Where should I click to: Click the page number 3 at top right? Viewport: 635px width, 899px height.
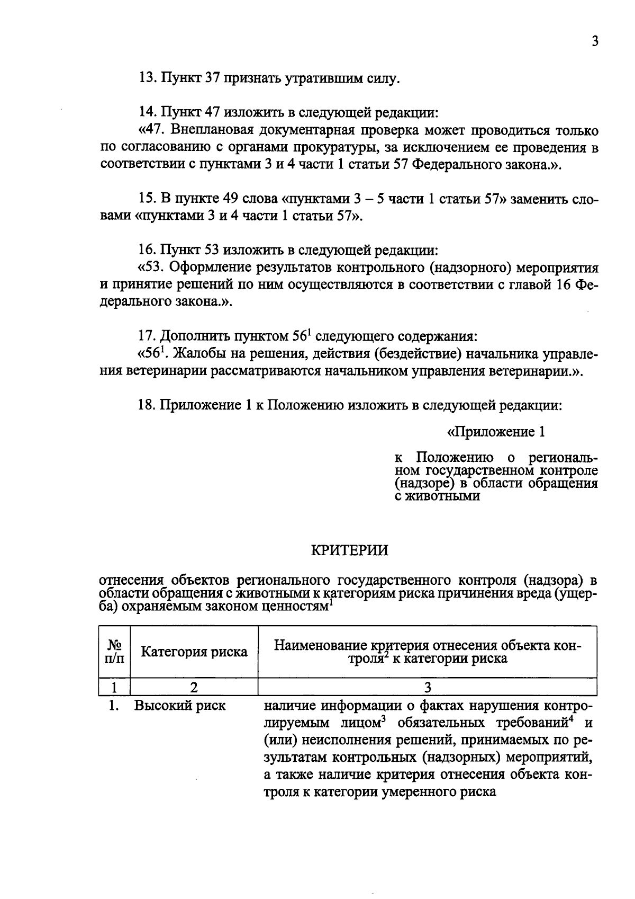click(595, 41)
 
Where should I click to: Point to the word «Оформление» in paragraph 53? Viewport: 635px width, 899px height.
click(213, 267)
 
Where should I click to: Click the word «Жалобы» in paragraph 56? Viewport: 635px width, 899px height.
click(197, 353)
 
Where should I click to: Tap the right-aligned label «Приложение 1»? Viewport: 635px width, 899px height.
click(496, 432)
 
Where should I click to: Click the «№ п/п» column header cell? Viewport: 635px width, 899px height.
click(114, 652)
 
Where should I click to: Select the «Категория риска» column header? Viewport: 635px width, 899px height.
click(194, 652)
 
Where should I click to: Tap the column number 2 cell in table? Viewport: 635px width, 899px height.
click(194, 688)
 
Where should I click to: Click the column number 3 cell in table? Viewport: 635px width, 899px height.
click(428, 688)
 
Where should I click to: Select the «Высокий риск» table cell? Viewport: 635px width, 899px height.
click(179, 706)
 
